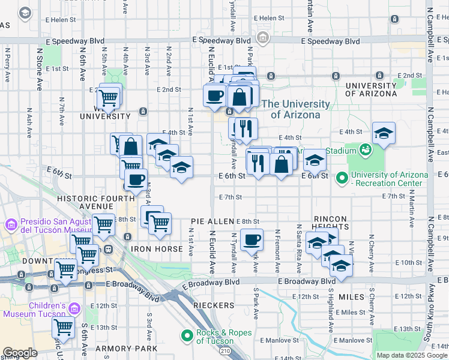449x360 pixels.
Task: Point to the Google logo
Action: click(x=20, y=353)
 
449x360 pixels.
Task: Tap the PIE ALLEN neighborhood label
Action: click(x=212, y=221)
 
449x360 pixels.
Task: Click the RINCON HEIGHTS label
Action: click(x=331, y=223)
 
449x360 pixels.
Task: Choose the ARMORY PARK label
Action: click(x=130, y=349)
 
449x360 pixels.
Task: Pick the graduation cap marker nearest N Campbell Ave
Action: click(x=384, y=134)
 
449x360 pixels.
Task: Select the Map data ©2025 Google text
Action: click(x=411, y=355)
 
